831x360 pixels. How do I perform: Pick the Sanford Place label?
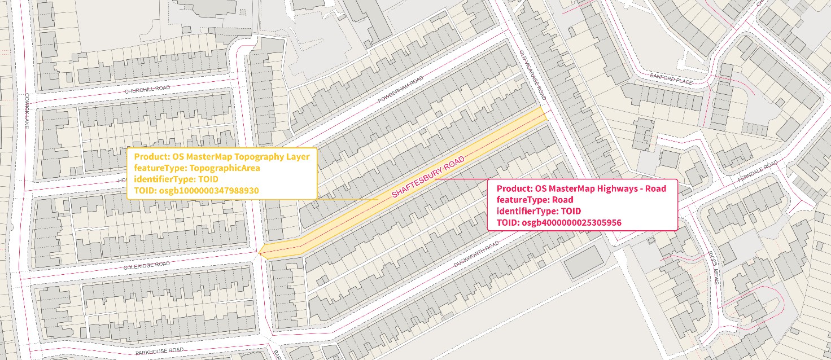click(x=671, y=80)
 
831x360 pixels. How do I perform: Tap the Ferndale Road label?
click(x=757, y=170)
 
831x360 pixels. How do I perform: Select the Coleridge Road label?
click(x=147, y=264)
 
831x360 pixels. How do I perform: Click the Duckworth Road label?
click(x=476, y=254)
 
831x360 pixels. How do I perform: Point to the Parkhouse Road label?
click(x=156, y=352)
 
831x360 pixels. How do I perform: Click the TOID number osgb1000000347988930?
click(x=208, y=191)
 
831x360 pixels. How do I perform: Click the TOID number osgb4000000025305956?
click(x=571, y=222)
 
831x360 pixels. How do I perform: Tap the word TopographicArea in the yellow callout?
click(x=225, y=168)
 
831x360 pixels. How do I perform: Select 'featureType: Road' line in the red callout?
click(x=535, y=200)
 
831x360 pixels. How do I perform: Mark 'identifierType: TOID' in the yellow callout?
click(x=172, y=179)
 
